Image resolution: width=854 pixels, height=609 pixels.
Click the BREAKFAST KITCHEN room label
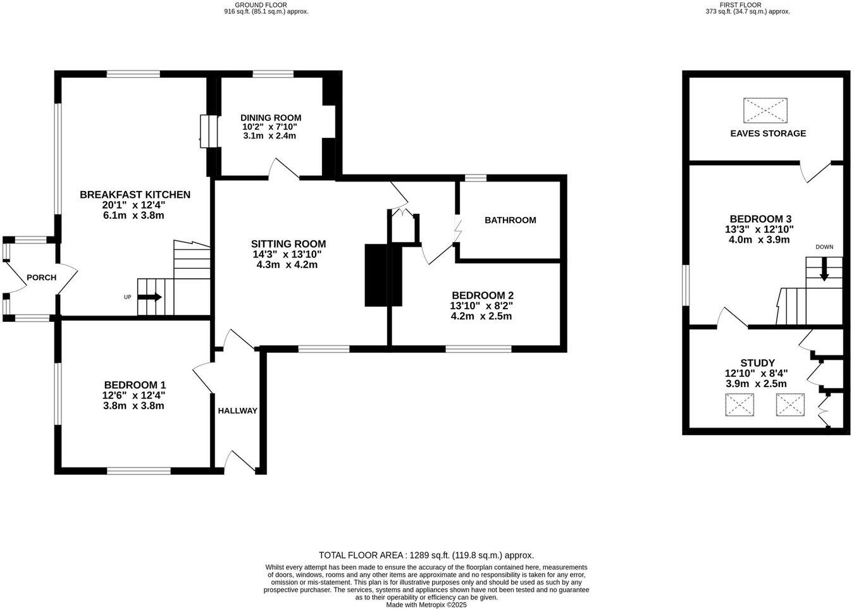pyautogui.click(x=135, y=195)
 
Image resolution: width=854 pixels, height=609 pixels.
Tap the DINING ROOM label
pyautogui.click(x=270, y=118)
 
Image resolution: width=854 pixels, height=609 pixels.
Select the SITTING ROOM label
pyautogui.click(x=288, y=244)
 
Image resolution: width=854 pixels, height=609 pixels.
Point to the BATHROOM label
pyautogui.click(x=510, y=220)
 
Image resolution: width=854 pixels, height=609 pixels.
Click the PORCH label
pyautogui.click(x=41, y=278)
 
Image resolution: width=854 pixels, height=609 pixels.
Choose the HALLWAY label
pyautogui.click(x=237, y=410)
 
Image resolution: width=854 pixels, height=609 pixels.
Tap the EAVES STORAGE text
pyautogui.click(x=767, y=133)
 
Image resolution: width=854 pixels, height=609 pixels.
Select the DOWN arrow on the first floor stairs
pyautogui.click(x=824, y=272)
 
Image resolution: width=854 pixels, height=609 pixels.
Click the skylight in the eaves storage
pyautogui.click(x=765, y=110)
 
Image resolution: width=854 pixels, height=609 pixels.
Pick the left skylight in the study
pyautogui.click(x=740, y=405)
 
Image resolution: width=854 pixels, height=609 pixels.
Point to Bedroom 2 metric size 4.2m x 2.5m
pyautogui.click(x=481, y=316)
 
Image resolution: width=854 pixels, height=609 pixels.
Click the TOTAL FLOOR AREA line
pyautogui.click(x=426, y=555)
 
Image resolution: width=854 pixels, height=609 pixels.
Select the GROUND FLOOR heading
pyautogui.click(x=266, y=4)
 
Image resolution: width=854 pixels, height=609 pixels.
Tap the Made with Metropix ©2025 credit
pyautogui.click(x=426, y=605)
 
